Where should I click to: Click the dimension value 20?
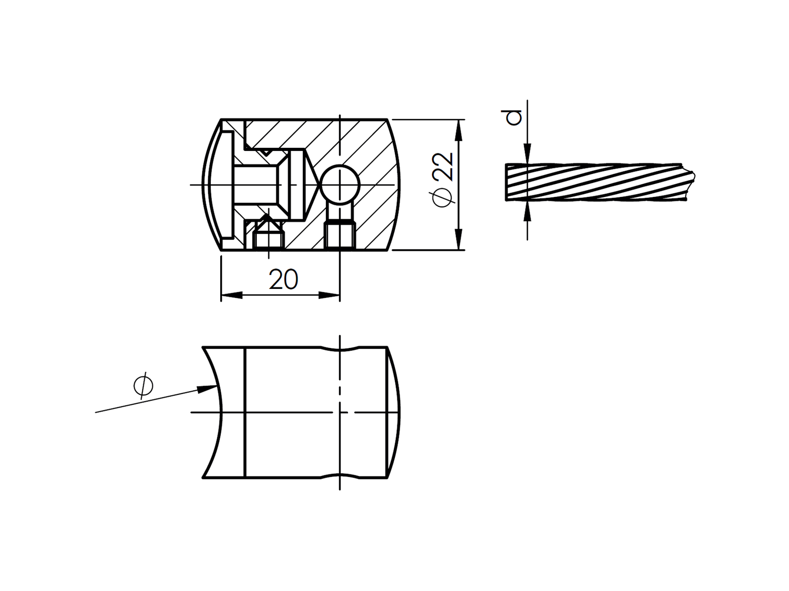[283, 280]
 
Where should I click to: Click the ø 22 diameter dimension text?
[443, 180]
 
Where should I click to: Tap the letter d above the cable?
[515, 117]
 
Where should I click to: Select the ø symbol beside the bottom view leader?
[143, 386]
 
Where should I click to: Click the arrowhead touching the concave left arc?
[207, 389]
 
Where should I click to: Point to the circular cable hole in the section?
[340, 184]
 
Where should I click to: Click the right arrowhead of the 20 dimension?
[329, 295]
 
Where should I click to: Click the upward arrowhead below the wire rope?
[527, 211]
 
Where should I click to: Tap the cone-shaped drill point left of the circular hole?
[312, 184]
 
